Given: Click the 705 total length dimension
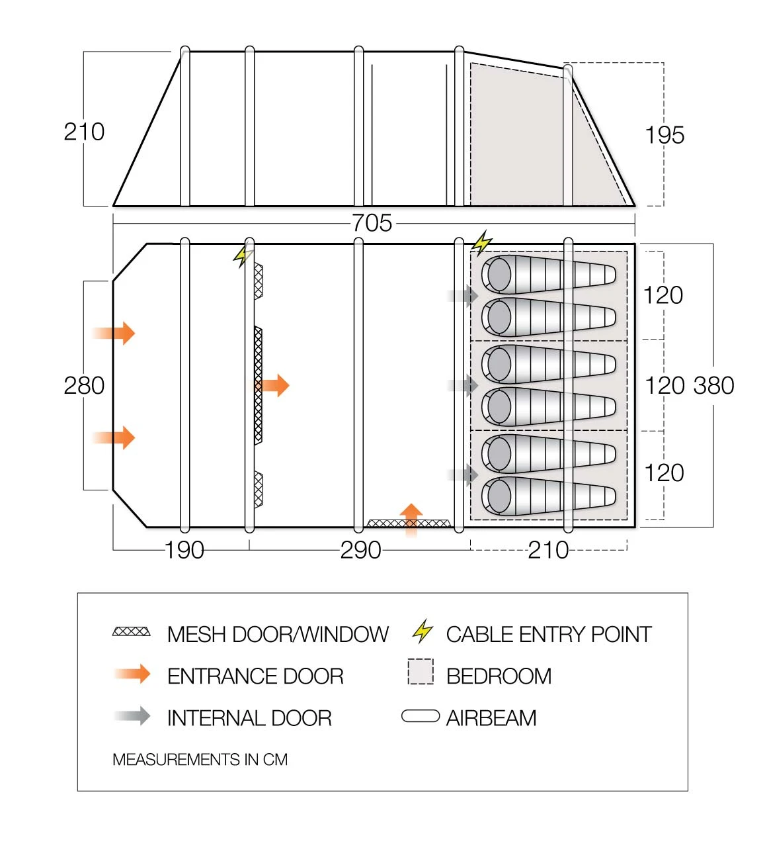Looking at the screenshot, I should coord(372,223).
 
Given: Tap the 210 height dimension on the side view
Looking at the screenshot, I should coord(84,132).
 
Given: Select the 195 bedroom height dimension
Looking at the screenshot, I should coord(665,135).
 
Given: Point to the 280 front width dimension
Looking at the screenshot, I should coord(84,385).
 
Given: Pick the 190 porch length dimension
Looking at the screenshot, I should coord(184,550).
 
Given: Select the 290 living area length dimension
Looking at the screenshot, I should coord(360,550).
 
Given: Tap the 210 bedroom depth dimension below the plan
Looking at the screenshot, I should coord(548,550).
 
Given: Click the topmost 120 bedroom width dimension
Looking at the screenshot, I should coord(663,295).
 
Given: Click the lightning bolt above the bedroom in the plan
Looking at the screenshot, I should coord(482,243).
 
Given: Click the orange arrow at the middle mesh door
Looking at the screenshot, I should coord(274,385).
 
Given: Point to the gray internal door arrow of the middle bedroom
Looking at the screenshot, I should coord(464,385).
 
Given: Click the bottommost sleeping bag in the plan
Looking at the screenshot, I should coord(548,496).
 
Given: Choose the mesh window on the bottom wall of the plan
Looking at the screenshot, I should coord(408,523).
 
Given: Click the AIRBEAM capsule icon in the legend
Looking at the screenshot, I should coord(421,717).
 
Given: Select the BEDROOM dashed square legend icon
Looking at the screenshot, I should coord(421,672).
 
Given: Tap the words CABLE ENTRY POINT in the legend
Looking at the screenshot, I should coord(548,634).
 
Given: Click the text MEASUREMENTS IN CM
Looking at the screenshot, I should coord(200,760).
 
